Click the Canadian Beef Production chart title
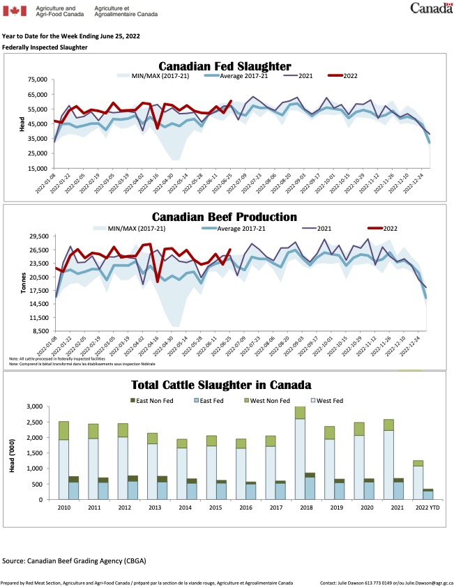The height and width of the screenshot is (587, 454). coord(225,217)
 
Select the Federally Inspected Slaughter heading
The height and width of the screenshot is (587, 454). coord(45,47)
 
